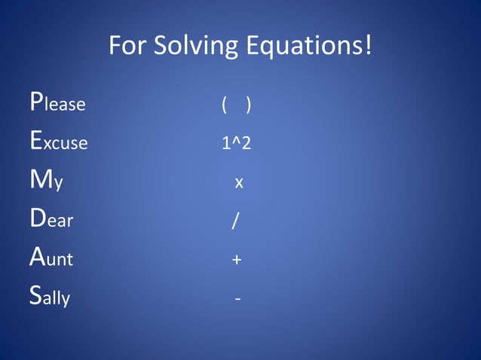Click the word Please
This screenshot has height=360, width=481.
click(57, 103)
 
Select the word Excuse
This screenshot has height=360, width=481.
click(59, 142)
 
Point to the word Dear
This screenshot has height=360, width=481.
click(51, 221)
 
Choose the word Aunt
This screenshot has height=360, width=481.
click(51, 260)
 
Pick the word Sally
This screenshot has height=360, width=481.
click(50, 298)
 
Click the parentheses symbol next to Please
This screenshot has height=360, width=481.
click(237, 105)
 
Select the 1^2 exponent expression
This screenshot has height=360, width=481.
click(236, 143)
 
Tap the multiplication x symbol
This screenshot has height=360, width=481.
click(238, 183)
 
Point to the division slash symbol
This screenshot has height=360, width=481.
click(236, 221)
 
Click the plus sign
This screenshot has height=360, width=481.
click(237, 261)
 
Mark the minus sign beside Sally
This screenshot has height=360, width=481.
click(238, 300)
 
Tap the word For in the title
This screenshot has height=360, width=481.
click(128, 46)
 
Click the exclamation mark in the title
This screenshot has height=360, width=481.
click(368, 45)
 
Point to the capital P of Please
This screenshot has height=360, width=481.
click(35, 102)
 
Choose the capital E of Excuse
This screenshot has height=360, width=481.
click(35, 141)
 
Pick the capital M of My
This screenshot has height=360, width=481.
click(38, 180)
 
